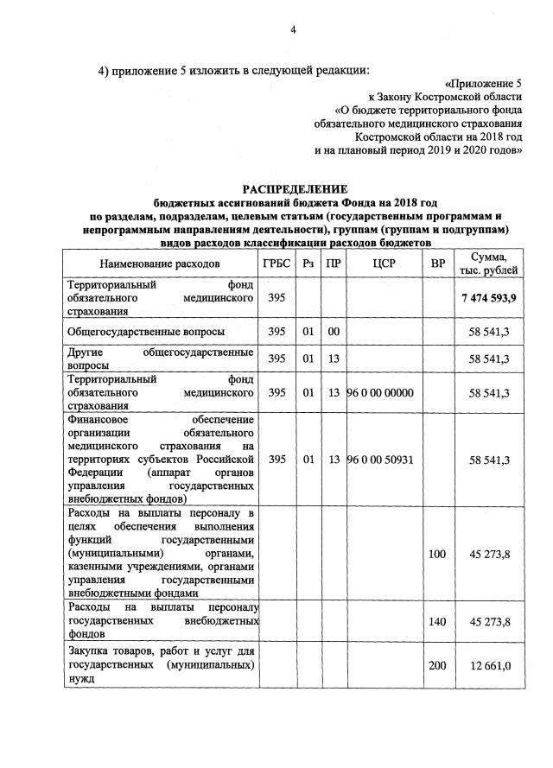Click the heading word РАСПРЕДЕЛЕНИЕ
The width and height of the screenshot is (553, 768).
pos(294,188)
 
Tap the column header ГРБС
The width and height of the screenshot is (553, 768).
pos(276,263)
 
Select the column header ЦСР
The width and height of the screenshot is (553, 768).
pos(385,263)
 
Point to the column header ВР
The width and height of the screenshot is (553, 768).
pos(438,263)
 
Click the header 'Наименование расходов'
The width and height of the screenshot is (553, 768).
pos(160,263)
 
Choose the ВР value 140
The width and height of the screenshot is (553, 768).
pos(438,622)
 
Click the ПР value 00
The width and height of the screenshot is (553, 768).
pos(333,331)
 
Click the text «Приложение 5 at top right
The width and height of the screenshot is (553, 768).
pos(483,84)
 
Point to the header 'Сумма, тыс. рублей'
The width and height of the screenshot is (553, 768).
pos(488,263)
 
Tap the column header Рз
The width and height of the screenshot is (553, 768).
pos(308,263)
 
